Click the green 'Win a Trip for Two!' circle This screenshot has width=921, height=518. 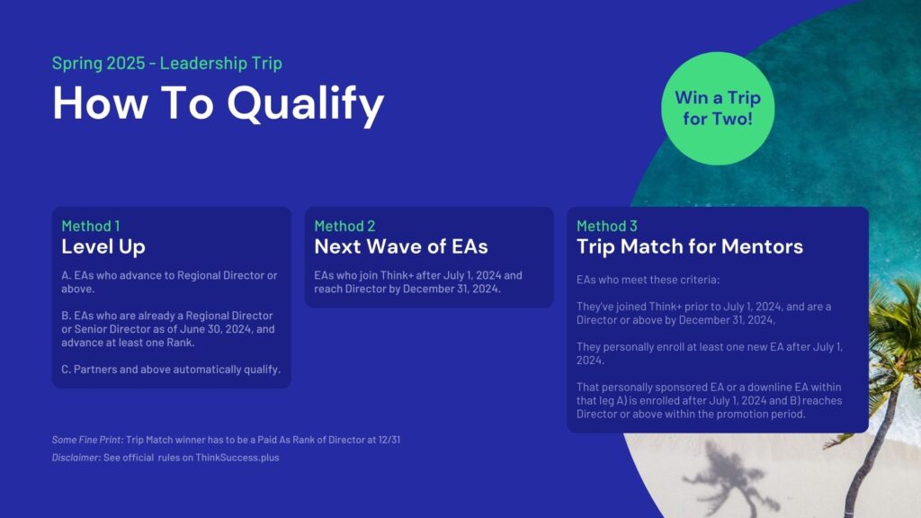pyautogui.click(x=718, y=109)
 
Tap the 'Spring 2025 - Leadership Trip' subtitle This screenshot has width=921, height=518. pyautogui.click(x=166, y=63)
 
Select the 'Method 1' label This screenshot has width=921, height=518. pyautogui.click(x=91, y=226)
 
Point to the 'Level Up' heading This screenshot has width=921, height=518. pyautogui.click(x=103, y=246)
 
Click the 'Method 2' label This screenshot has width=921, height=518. pyautogui.click(x=344, y=226)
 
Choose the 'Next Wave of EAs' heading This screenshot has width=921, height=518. pyautogui.click(x=400, y=246)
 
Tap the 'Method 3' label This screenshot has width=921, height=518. pyautogui.click(x=606, y=226)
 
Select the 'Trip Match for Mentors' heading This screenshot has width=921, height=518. pyautogui.click(x=690, y=246)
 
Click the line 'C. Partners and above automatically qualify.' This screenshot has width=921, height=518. pyautogui.click(x=171, y=370)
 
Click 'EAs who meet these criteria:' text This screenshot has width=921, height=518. pyautogui.click(x=648, y=280)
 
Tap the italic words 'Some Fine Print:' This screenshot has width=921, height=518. pyautogui.click(x=87, y=439)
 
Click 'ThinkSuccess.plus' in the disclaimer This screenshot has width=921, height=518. pyautogui.click(x=237, y=458)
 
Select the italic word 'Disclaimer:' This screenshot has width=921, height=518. pyautogui.click(x=76, y=458)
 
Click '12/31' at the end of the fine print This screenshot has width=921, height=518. pyautogui.click(x=389, y=439)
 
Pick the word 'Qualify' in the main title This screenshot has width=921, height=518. pyautogui.click(x=306, y=104)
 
